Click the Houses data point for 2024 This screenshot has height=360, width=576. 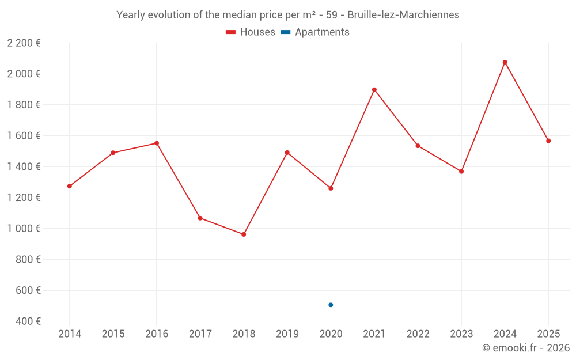[x=505, y=62]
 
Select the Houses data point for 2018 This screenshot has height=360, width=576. [x=244, y=234]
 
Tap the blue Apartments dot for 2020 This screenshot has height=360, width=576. [x=331, y=305]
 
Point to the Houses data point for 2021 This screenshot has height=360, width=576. [x=374, y=90]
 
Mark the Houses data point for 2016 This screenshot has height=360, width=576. [x=157, y=143]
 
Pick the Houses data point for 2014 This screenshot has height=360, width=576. [x=70, y=186]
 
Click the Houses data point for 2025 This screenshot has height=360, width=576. [x=548, y=141]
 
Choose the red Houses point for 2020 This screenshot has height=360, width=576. [x=331, y=188]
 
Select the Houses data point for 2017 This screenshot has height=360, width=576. [x=200, y=218]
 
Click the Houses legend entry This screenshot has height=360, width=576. [x=251, y=32]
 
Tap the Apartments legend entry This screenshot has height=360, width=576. [x=315, y=32]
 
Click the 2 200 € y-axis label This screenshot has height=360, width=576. [x=24, y=43]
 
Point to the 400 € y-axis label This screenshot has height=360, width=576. [x=27, y=321]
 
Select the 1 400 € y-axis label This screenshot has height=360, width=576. [x=24, y=166]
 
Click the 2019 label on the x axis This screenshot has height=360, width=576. [x=287, y=334]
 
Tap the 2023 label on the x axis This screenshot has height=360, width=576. [x=461, y=334]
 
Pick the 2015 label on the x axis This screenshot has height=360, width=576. [x=113, y=334]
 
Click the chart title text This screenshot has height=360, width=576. [x=288, y=15]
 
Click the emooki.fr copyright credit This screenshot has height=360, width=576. [x=525, y=348]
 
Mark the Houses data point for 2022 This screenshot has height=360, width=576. [x=418, y=146]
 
